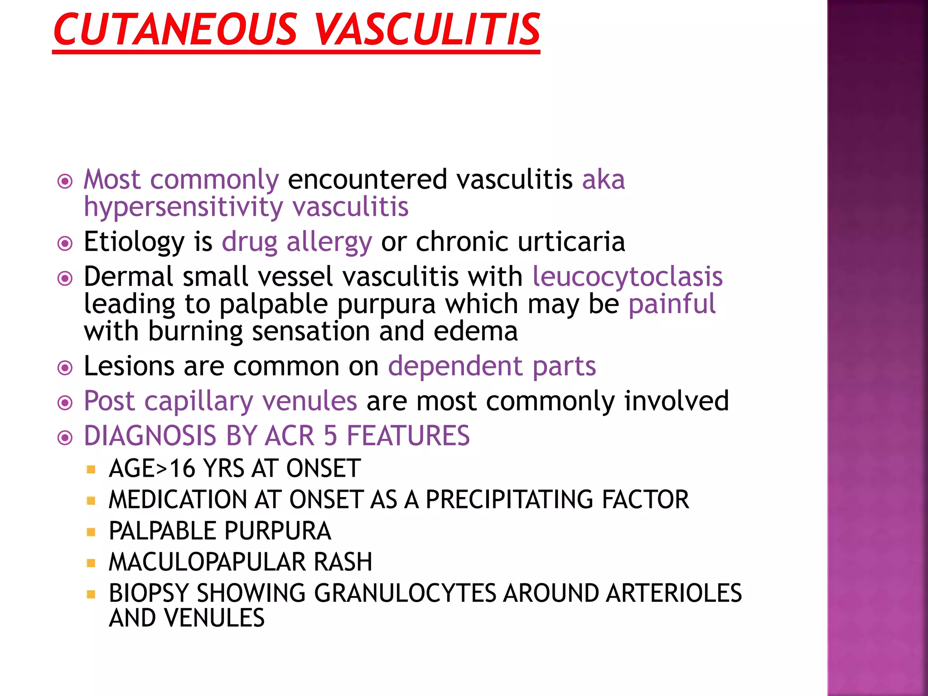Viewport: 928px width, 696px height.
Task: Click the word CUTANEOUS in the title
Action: (x=175, y=30)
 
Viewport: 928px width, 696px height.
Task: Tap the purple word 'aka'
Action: (x=603, y=179)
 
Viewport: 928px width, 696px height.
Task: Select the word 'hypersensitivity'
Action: (x=184, y=208)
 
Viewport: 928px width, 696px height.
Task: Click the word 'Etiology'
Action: (x=134, y=242)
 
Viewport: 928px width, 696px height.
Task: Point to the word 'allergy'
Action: (x=329, y=242)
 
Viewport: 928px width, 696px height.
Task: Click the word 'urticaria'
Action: (x=571, y=242)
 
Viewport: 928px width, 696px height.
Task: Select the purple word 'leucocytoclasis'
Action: (x=627, y=276)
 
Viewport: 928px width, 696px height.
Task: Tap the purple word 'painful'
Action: (x=672, y=304)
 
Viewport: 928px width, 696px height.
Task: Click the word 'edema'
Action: (x=475, y=332)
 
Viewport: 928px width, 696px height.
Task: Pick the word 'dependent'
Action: (x=455, y=366)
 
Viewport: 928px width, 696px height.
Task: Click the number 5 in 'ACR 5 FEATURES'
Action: (x=330, y=436)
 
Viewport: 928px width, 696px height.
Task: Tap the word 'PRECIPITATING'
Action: (x=510, y=500)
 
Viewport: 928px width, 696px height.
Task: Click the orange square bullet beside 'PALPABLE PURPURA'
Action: (x=91, y=532)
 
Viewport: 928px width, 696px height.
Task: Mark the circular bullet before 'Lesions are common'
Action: (x=65, y=367)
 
